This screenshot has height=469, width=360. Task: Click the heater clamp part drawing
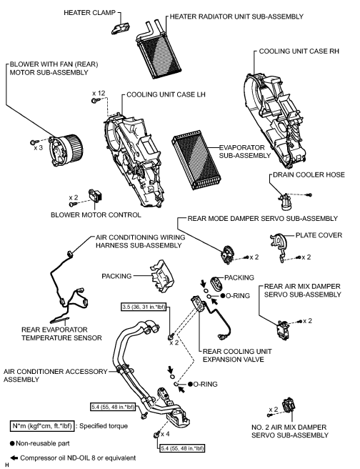(119, 26)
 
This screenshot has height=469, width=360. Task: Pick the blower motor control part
(95, 195)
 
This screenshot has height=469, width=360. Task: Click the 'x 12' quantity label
(99, 93)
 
